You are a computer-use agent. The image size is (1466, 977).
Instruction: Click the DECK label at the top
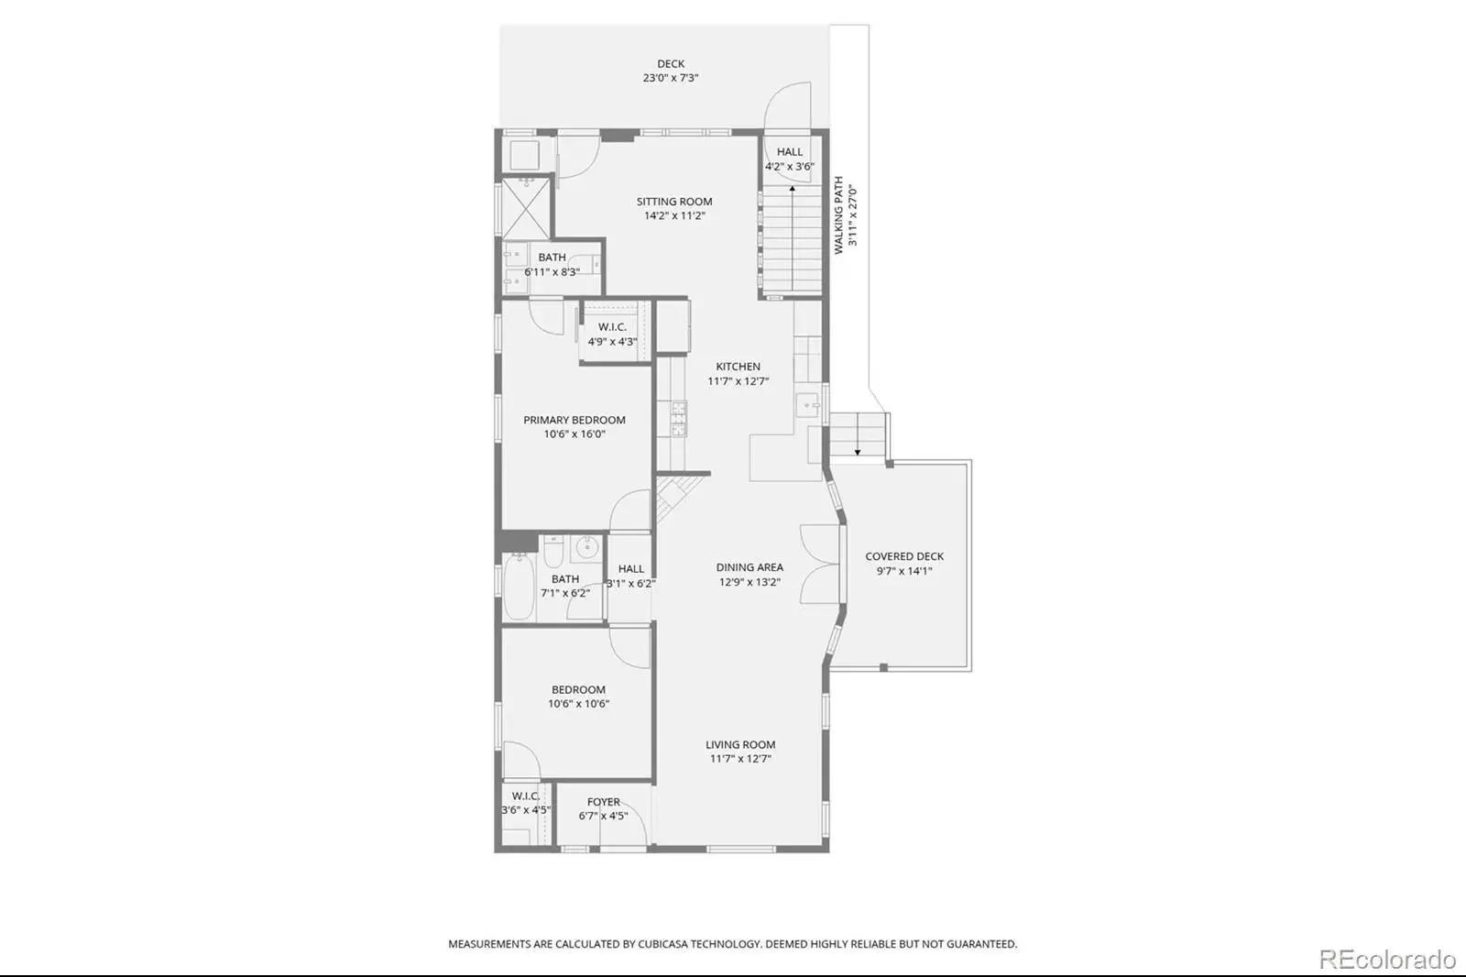[x=671, y=63]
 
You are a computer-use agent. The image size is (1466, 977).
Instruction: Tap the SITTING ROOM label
[x=674, y=202]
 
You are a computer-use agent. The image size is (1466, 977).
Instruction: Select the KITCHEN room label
[x=738, y=367]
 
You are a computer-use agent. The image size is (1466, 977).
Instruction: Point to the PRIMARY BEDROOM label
[x=574, y=420]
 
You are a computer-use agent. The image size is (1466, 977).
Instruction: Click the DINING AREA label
[x=749, y=567]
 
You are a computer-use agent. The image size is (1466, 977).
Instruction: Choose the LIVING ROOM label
[x=740, y=744]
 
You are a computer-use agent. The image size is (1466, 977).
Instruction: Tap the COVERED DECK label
[x=904, y=556]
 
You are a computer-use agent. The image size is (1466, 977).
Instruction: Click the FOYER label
[x=604, y=802]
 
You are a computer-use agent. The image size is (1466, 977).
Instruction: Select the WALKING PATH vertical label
[x=838, y=214]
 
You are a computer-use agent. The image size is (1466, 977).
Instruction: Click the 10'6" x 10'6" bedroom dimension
[x=578, y=704]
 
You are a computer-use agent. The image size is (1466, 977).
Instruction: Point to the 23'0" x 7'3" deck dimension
[x=671, y=78]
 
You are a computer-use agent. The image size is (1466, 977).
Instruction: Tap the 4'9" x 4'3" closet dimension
[x=613, y=341]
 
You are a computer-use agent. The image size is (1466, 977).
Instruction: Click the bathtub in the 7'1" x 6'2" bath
[x=519, y=586]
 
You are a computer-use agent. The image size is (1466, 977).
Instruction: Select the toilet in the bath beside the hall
[x=553, y=551]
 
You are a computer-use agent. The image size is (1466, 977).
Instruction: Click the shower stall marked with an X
[x=526, y=209]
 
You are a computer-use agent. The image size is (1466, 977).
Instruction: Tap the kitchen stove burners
[x=679, y=419]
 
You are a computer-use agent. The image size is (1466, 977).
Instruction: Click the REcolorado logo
[x=1387, y=960]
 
